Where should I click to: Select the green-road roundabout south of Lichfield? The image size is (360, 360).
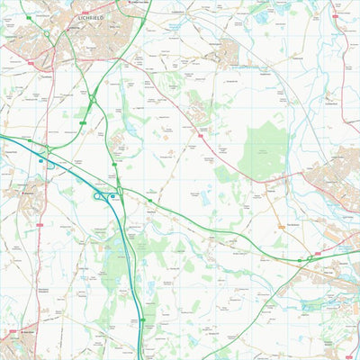tap(92, 98)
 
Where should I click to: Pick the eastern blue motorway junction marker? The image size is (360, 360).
tap(113, 195)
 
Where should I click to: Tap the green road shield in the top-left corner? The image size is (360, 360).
tap(28, 17)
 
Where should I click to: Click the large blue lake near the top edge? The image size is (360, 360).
tap(262, 15)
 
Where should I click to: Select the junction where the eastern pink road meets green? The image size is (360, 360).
tap(310, 258)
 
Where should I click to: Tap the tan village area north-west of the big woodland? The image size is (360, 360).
tap(228, 51)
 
